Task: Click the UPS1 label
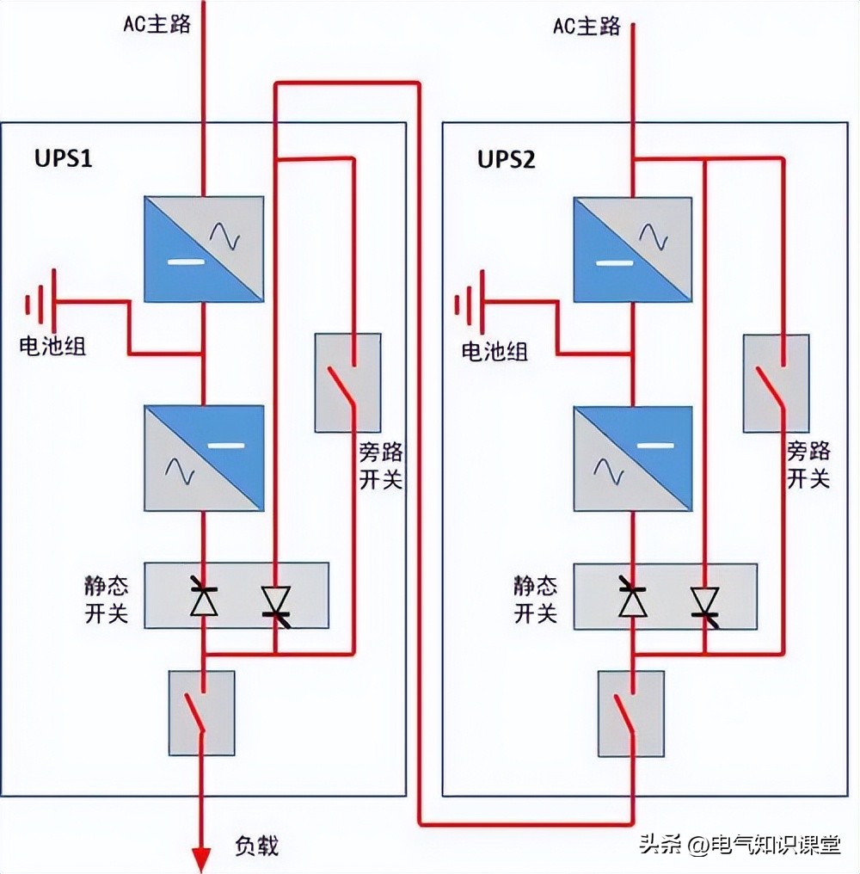click(63, 159)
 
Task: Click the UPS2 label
click(507, 159)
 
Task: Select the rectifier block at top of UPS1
click(203, 249)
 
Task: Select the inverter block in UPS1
click(203, 459)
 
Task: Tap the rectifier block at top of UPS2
click(632, 249)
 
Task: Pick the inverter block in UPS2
click(632, 459)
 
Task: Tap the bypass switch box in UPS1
click(347, 382)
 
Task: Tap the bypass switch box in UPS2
click(776, 383)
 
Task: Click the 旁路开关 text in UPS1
click(380, 465)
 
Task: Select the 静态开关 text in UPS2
click(536, 600)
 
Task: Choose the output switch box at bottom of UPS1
click(202, 713)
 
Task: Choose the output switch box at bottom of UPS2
click(630, 713)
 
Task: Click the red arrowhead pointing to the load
click(201, 859)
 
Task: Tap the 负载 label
click(256, 846)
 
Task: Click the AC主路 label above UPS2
click(587, 27)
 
